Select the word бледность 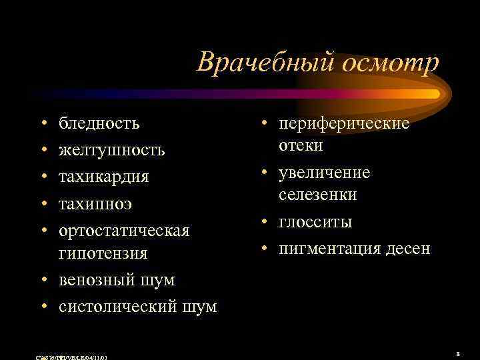(99, 123)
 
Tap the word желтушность (112, 150)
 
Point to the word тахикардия (104, 177)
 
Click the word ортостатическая (125, 230)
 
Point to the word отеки (301, 145)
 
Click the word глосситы (315, 221)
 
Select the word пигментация (327, 249)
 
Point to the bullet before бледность (43, 125)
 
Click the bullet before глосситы (266, 222)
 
